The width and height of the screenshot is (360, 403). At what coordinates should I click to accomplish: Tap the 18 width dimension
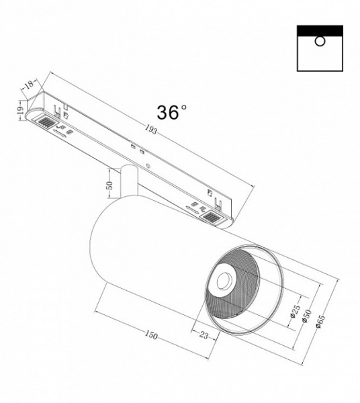[29, 85]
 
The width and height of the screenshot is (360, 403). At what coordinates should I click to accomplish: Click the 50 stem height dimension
[110, 186]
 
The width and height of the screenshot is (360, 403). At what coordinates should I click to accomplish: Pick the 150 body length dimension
[152, 336]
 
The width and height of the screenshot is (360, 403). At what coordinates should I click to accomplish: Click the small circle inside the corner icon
[320, 42]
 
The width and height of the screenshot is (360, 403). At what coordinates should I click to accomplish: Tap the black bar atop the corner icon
[319, 30]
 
